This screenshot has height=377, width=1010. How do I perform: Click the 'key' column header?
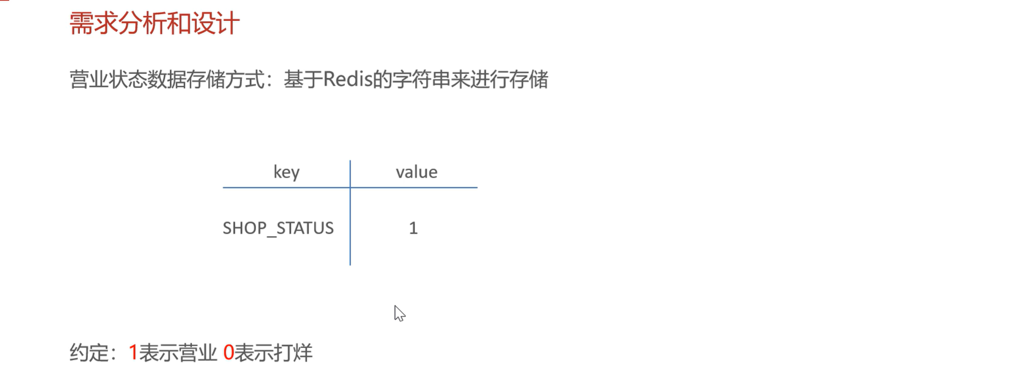pyautogui.click(x=286, y=173)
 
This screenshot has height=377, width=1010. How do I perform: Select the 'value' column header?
pyautogui.click(x=416, y=172)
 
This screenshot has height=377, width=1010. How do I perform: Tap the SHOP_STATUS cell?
pyautogui.click(x=278, y=228)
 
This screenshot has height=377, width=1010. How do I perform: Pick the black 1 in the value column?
pyautogui.click(x=413, y=228)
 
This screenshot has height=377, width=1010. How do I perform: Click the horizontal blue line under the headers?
pyautogui.click(x=411, y=187)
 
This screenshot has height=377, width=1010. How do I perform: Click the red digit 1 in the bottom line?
pyautogui.click(x=133, y=352)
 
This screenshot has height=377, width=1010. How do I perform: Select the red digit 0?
pyautogui.click(x=229, y=352)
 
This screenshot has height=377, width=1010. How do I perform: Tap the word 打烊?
pyautogui.click(x=293, y=353)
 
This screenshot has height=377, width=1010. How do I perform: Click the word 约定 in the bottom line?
pyautogui.click(x=89, y=353)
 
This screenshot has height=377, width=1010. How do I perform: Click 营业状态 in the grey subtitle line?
pyautogui.click(x=108, y=79)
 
